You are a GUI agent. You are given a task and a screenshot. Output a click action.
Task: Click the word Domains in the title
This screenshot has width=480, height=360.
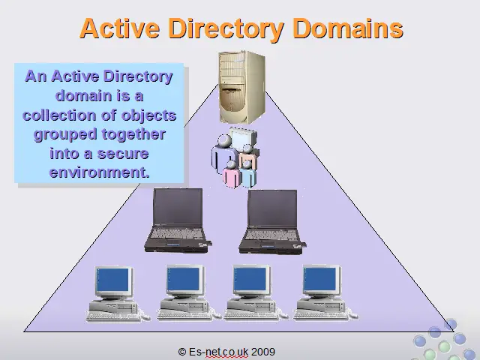348,28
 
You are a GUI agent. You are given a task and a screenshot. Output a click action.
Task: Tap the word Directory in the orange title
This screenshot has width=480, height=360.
226,30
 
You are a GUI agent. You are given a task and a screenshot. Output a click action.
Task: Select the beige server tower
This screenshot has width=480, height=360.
241,87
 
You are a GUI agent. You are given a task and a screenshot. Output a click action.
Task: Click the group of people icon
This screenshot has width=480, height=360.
235,157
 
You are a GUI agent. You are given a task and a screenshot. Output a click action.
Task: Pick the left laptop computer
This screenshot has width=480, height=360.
178,220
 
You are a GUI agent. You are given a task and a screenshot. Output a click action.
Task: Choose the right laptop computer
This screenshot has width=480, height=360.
272,221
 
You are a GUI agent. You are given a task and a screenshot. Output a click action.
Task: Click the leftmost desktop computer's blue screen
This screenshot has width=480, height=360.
112,280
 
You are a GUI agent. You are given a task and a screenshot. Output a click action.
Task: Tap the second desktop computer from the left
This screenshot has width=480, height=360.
187,293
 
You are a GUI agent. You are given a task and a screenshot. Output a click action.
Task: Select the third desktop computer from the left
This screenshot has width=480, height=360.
255,293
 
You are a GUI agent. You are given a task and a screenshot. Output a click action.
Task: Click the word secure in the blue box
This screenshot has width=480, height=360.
123,154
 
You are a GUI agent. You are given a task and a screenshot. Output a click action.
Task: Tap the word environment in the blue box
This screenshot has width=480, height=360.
99,172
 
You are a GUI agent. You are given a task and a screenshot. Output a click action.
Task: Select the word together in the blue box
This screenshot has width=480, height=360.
133,135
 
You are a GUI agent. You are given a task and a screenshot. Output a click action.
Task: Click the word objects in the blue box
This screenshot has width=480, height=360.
148,115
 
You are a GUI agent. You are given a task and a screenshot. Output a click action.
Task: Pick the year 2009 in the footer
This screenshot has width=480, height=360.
263,352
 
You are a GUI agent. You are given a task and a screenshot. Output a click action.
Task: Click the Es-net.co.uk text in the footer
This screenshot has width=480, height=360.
218,352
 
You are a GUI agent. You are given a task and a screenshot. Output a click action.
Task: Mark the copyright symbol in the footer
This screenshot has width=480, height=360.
182,352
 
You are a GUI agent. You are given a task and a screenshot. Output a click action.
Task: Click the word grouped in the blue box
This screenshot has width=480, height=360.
65,135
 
